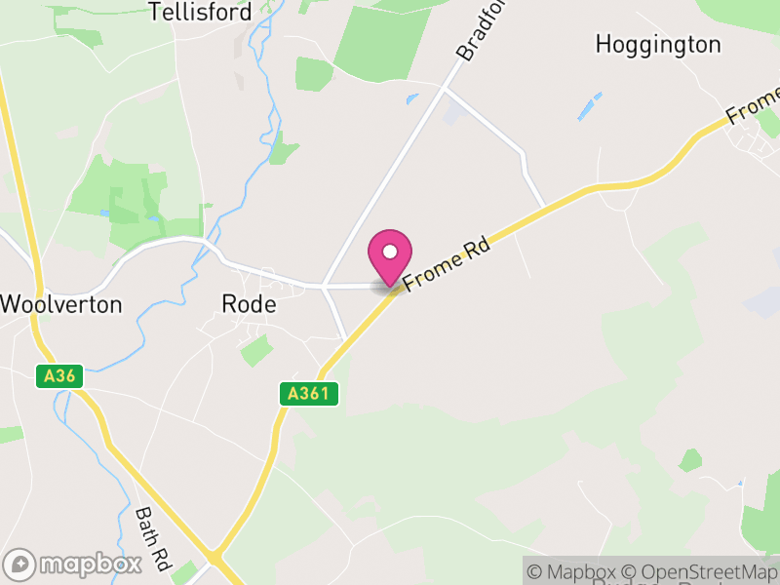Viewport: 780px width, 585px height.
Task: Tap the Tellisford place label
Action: tap(200, 12)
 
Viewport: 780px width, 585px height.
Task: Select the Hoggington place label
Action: tap(658, 45)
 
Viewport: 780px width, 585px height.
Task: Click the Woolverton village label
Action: tap(61, 304)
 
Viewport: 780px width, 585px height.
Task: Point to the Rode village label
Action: tap(250, 304)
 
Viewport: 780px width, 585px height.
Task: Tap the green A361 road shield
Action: tap(311, 394)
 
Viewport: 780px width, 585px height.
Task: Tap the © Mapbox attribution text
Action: tap(575, 571)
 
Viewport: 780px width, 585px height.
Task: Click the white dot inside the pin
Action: tap(390, 252)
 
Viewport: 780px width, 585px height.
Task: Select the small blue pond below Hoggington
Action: tap(590, 106)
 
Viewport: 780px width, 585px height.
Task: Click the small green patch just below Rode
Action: tap(256, 350)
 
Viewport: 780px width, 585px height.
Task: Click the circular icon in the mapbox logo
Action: tap(20, 565)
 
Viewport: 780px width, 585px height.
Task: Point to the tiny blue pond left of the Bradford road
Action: tap(412, 97)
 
